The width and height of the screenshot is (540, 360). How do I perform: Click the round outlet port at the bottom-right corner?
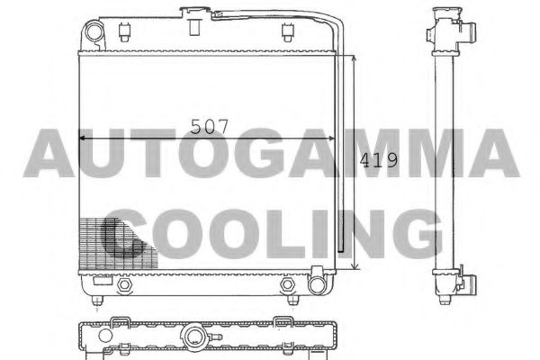point(317,284)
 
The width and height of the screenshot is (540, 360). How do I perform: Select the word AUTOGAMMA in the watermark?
point(270,153)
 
